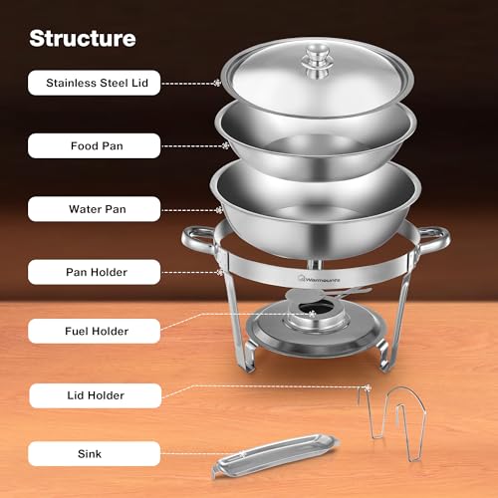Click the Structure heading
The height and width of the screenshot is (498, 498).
[x=82, y=39]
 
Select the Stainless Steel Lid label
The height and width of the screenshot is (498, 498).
[x=96, y=84]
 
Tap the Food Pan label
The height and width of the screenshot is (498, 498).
[x=96, y=146]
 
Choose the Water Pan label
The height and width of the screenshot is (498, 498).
[x=96, y=209]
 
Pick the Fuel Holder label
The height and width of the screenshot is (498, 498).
[x=96, y=331]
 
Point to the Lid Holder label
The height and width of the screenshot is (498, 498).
[x=96, y=395]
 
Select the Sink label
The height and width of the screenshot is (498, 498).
[x=96, y=455]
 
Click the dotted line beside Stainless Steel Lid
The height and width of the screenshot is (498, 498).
[x=189, y=84]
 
